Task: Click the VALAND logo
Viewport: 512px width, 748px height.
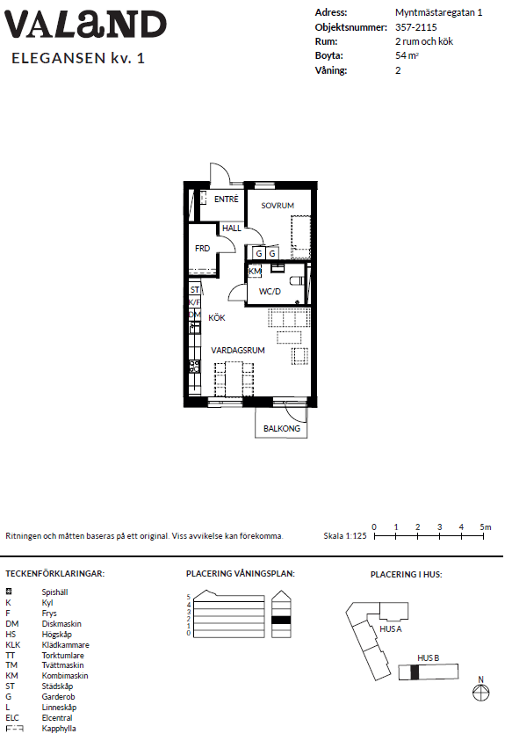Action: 85,25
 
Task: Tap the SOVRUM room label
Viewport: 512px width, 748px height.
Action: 278,206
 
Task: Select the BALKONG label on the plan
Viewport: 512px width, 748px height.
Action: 282,428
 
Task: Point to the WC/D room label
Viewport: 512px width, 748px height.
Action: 270,292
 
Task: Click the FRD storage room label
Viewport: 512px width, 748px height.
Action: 202,249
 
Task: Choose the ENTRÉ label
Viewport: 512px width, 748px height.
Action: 226,199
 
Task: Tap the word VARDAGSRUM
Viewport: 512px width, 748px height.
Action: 238,350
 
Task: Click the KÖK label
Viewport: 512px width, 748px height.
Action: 217,317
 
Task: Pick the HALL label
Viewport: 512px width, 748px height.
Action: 232,229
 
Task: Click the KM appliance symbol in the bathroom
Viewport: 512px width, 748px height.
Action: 255,271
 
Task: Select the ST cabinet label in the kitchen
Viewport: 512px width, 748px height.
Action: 195,289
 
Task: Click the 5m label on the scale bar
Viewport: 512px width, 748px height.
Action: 486,527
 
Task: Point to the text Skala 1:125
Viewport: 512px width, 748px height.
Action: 345,535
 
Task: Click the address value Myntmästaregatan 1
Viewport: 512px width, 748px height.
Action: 438,13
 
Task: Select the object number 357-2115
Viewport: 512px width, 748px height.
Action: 415,27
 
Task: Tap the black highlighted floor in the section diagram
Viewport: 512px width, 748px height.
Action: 281,620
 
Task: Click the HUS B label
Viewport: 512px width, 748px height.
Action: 428,657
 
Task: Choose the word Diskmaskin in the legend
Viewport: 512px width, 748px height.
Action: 61,623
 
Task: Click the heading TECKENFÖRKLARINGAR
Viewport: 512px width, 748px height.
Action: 54,573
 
